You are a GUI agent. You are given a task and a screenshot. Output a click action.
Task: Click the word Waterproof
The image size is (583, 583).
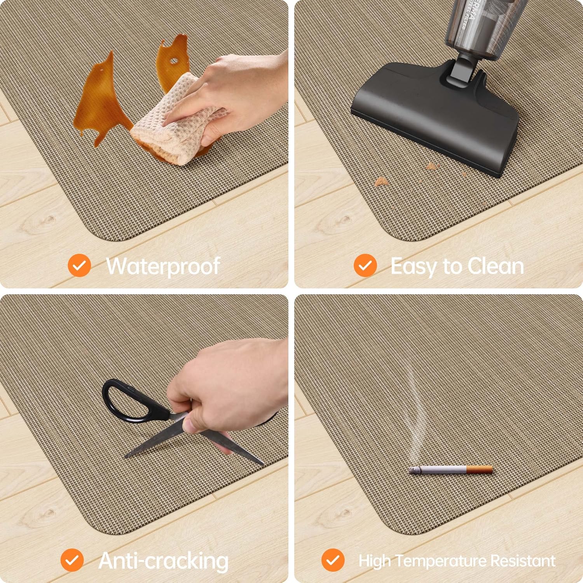pos(163,267)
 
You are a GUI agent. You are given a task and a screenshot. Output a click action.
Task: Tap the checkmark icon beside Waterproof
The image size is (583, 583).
pos(79,265)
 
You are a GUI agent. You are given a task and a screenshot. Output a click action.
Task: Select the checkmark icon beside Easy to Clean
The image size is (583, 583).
pos(365,265)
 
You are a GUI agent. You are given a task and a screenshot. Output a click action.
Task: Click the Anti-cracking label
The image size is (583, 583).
pos(163,561)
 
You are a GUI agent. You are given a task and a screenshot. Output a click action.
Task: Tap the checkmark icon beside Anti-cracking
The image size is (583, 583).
pos(72,560)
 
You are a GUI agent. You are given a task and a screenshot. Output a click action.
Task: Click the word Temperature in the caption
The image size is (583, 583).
pos(442,561)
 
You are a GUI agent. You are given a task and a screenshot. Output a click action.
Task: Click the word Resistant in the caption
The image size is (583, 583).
pos(523,561)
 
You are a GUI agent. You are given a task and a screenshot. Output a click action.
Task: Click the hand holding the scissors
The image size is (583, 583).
pos(225,385)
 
